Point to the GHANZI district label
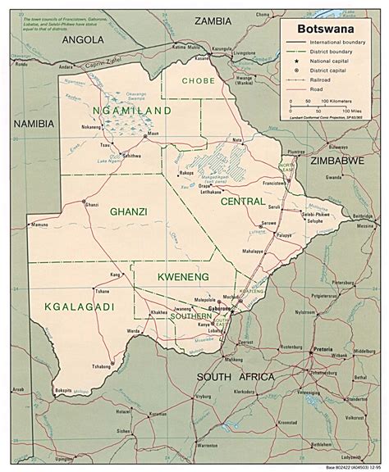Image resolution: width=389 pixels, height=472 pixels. (x=127, y=211)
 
